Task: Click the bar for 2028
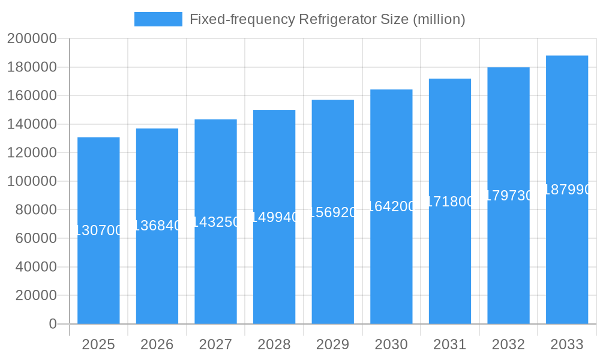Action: [x=274, y=270]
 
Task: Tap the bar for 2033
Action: [x=567, y=258]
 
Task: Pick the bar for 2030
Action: [x=391, y=264]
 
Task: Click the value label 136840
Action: [x=157, y=226]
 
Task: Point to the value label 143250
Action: [x=215, y=221]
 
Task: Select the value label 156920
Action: [x=333, y=212]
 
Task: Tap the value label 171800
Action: [x=450, y=201]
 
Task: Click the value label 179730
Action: [x=508, y=196]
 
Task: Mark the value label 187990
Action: [x=567, y=190]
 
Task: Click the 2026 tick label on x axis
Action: [x=157, y=344]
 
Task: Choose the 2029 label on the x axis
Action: [x=333, y=344]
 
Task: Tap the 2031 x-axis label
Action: [x=450, y=344]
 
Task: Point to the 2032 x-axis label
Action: [x=508, y=344]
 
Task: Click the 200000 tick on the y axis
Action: [x=32, y=39]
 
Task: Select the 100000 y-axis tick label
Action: [x=32, y=181]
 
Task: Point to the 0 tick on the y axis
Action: [x=53, y=324]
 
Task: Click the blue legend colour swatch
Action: [x=158, y=19]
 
